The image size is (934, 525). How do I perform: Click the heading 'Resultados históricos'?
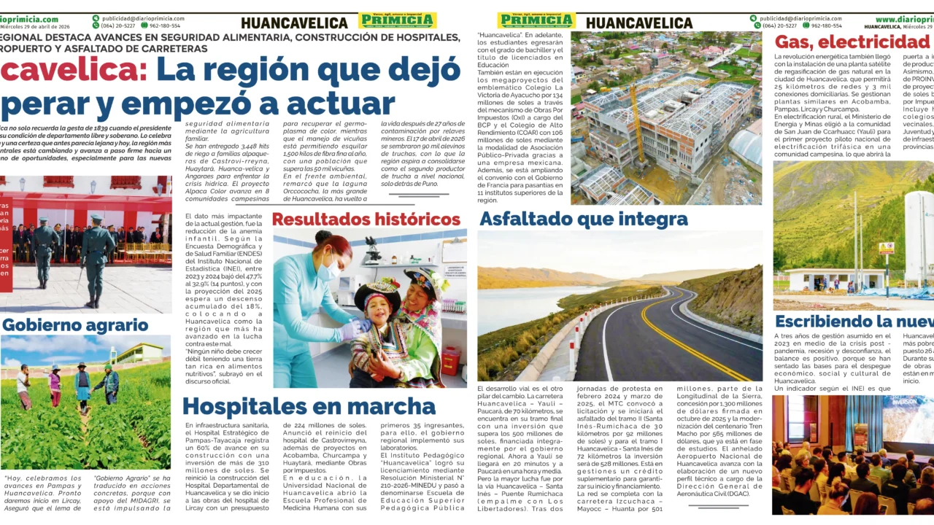click(366, 219)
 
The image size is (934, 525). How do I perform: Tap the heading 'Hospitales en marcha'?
click(309, 406)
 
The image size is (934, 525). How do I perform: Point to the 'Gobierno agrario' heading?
click(75, 325)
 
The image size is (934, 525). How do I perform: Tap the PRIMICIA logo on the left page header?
click(397, 20)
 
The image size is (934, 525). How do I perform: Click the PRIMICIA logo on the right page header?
click(536, 20)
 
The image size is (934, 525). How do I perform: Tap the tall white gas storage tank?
click(917, 233)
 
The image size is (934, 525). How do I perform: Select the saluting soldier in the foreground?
click(96, 255)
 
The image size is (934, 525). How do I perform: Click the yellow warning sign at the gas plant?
click(886, 248)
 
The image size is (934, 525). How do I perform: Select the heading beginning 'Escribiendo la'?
click(854, 322)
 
